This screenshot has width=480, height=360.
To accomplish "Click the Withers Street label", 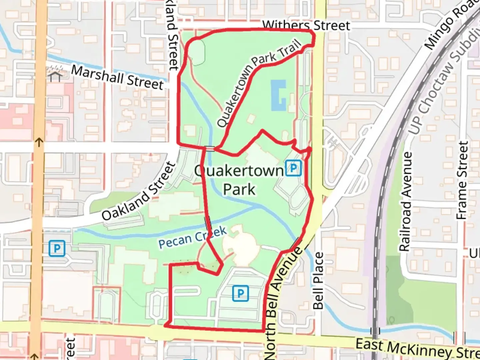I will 306,25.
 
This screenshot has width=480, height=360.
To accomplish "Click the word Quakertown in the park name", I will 239,171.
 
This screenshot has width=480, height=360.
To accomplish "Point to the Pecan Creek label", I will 192,237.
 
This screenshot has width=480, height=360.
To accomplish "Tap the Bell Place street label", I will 318,281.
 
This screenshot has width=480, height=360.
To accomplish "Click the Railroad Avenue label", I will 405,201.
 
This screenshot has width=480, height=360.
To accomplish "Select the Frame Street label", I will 462,180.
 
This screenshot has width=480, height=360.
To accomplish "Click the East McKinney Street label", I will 417,348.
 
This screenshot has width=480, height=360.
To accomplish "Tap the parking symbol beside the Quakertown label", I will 293,168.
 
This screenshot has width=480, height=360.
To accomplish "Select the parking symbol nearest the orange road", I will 57,249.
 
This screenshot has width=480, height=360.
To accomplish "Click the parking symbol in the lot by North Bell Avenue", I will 240,293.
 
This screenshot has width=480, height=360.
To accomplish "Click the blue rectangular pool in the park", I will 278,95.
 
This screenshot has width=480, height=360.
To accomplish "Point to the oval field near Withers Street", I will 198,52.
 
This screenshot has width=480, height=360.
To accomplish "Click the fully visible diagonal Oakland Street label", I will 139,191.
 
